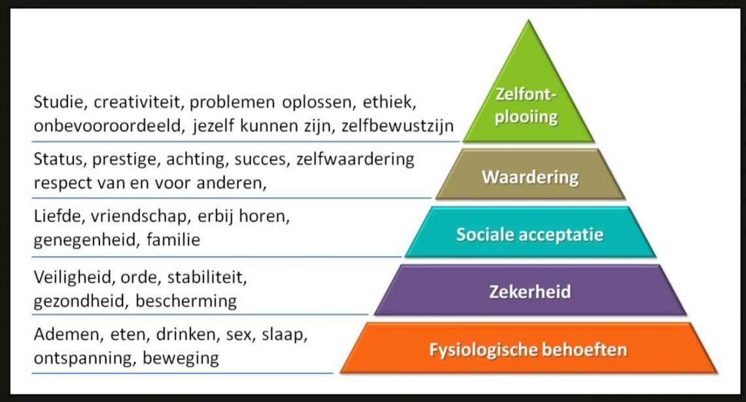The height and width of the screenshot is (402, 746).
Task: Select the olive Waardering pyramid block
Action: pyautogui.click(x=530, y=177)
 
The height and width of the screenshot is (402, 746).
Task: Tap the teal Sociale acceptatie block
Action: pyautogui.click(x=530, y=234)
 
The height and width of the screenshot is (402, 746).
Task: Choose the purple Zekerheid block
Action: pyautogui.click(x=530, y=291)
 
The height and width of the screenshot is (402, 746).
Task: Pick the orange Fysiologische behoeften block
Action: pyautogui.click(x=528, y=349)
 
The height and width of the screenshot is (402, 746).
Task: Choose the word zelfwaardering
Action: pyautogui.click(x=356, y=160)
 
